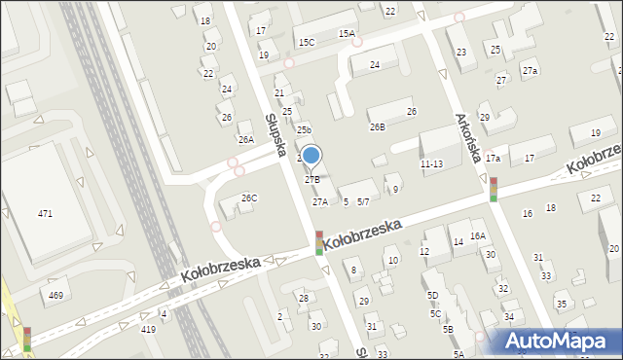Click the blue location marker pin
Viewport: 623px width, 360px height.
pyautogui.click(x=311, y=156)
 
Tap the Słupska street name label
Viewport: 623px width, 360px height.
pyautogui.click(x=275, y=135)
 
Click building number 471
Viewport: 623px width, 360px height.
pyautogui.click(x=45, y=213)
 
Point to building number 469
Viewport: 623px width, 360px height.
pyautogui.click(x=55, y=295)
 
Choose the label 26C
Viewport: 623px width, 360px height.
pyautogui.click(x=249, y=198)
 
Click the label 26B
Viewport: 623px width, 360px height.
pyautogui.click(x=377, y=126)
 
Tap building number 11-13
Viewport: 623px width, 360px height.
pyautogui.click(x=431, y=163)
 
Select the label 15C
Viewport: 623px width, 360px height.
pyautogui.click(x=307, y=43)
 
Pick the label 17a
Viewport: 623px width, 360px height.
pyautogui.click(x=493, y=158)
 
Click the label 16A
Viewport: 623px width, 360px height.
pyautogui.click(x=477, y=235)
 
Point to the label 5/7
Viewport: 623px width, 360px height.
pyautogui.click(x=363, y=201)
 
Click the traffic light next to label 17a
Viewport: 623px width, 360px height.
pyautogui.click(x=494, y=189)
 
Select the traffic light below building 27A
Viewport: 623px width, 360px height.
pyautogui.click(x=318, y=242)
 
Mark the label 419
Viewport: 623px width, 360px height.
pyautogui.click(x=148, y=330)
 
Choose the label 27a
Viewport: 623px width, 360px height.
pyautogui.click(x=530, y=71)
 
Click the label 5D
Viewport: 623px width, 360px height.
pyautogui.click(x=432, y=295)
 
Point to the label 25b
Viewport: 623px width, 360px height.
pyautogui.click(x=304, y=129)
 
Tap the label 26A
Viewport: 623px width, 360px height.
pyautogui.click(x=246, y=139)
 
